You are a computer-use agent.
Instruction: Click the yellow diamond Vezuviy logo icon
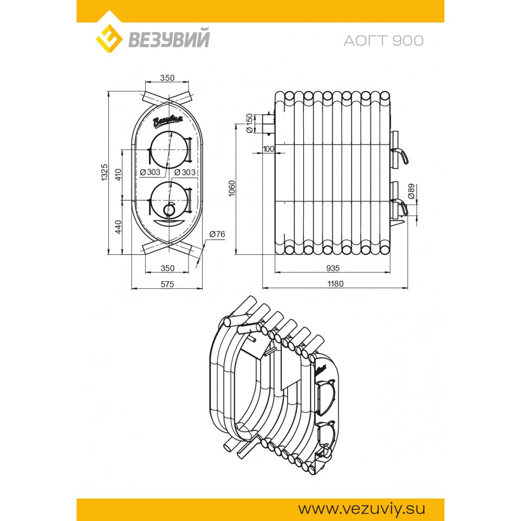point(109,39)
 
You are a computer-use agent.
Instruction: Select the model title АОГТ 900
point(384,41)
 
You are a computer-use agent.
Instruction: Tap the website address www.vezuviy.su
point(362,509)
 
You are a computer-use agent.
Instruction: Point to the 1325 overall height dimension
point(105,172)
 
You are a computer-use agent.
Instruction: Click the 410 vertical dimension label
point(118,175)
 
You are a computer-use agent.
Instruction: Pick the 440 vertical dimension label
point(118,227)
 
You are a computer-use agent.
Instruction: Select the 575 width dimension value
point(167,284)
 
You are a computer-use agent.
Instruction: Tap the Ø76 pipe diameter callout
point(217,234)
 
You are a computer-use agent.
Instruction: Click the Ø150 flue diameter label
point(250,123)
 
